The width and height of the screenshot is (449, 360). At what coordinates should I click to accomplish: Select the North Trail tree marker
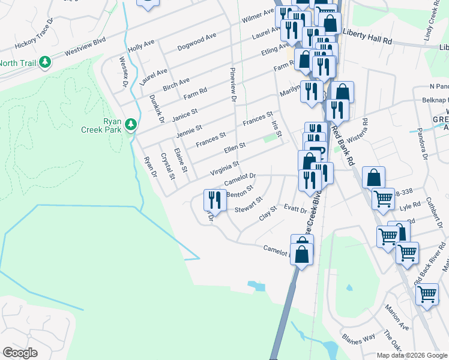tap(45, 62)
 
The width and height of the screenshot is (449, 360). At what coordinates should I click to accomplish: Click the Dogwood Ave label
tap(197, 43)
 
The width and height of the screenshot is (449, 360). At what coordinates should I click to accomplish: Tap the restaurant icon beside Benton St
tap(215, 200)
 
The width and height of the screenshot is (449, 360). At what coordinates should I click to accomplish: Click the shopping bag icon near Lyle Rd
tap(373, 178)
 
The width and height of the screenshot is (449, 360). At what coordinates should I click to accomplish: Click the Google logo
tap(20, 353)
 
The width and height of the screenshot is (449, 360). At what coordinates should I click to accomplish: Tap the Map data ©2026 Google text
tap(411, 355)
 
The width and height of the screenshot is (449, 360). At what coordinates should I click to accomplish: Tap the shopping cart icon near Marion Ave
tap(427, 295)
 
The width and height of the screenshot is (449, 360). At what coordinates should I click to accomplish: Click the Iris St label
tap(277, 127)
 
